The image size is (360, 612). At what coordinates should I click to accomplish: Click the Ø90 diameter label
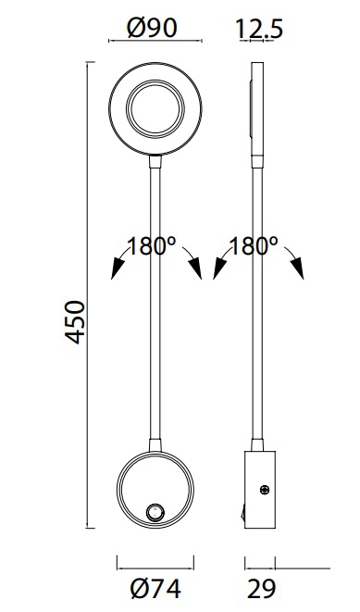point(152,28)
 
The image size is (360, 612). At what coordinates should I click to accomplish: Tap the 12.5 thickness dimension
point(259,29)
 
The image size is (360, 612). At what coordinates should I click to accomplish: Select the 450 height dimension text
point(74,322)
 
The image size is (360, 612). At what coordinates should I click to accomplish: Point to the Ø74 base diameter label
point(156,589)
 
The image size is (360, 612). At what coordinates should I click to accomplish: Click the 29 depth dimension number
point(262,589)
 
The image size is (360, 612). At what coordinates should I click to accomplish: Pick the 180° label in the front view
point(152,246)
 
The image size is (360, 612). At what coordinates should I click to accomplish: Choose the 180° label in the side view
point(254,246)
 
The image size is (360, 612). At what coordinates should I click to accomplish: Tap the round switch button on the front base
point(155,512)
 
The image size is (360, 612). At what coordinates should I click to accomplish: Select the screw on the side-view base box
point(265,490)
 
